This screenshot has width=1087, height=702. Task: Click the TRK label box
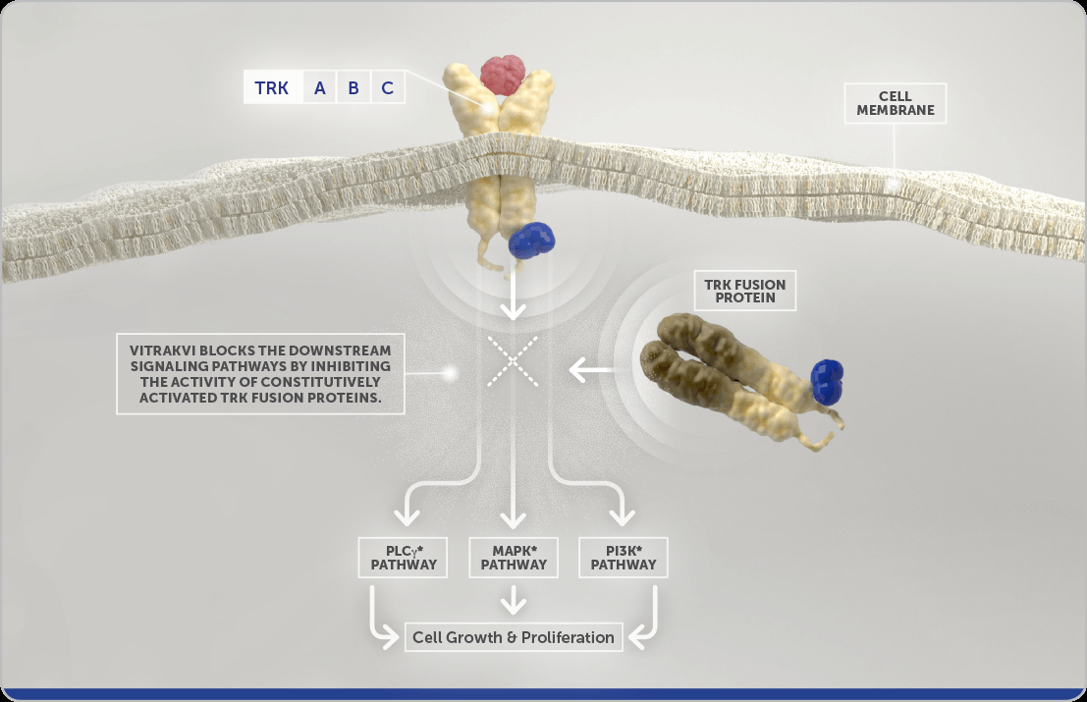click(272, 88)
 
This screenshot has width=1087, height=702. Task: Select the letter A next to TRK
click(320, 88)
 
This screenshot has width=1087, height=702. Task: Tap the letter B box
click(353, 88)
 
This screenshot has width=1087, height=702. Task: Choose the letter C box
click(388, 88)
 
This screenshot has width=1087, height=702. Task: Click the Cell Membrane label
click(896, 103)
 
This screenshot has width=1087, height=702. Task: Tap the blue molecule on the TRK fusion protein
click(828, 382)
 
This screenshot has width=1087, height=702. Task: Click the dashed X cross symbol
click(513, 361)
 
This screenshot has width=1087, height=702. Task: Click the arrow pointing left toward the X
click(593, 370)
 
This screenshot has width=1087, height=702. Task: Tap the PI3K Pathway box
click(624, 558)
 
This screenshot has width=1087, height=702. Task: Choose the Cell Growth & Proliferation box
click(514, 637)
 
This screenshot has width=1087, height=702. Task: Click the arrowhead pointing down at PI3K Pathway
click(621, 517)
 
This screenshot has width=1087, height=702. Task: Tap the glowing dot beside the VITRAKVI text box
click(450, 373)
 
